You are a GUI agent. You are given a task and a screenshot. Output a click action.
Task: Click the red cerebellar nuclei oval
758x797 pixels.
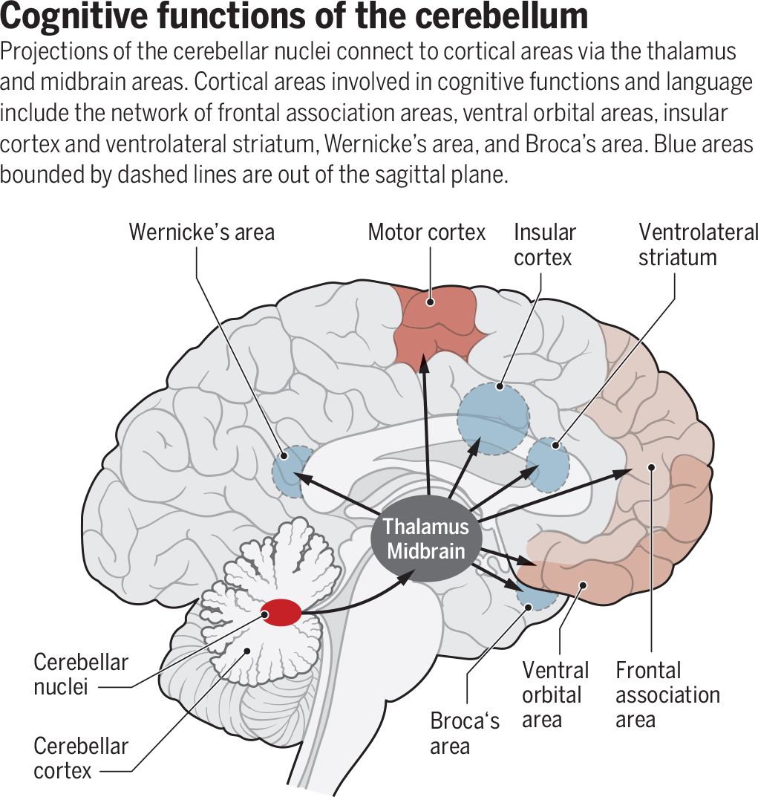tap(281, 612)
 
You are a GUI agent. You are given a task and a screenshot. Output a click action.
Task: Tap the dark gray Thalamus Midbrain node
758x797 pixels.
tap(426, 539)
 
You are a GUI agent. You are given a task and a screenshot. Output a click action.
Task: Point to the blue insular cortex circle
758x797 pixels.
tap(494, 417)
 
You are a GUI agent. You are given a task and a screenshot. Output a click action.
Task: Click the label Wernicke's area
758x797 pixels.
tap(201, 232)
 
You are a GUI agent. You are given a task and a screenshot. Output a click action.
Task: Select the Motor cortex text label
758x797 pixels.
tap(426, 232)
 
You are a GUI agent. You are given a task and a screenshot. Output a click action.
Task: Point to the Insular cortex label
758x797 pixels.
tap(544, 244)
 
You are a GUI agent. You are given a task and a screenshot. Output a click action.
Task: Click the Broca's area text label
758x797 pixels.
tap(465, 732)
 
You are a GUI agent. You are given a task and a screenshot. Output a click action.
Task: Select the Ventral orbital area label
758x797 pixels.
tap(555, 694)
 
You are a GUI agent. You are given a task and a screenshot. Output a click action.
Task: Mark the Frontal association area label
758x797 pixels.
tap(667, 694)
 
